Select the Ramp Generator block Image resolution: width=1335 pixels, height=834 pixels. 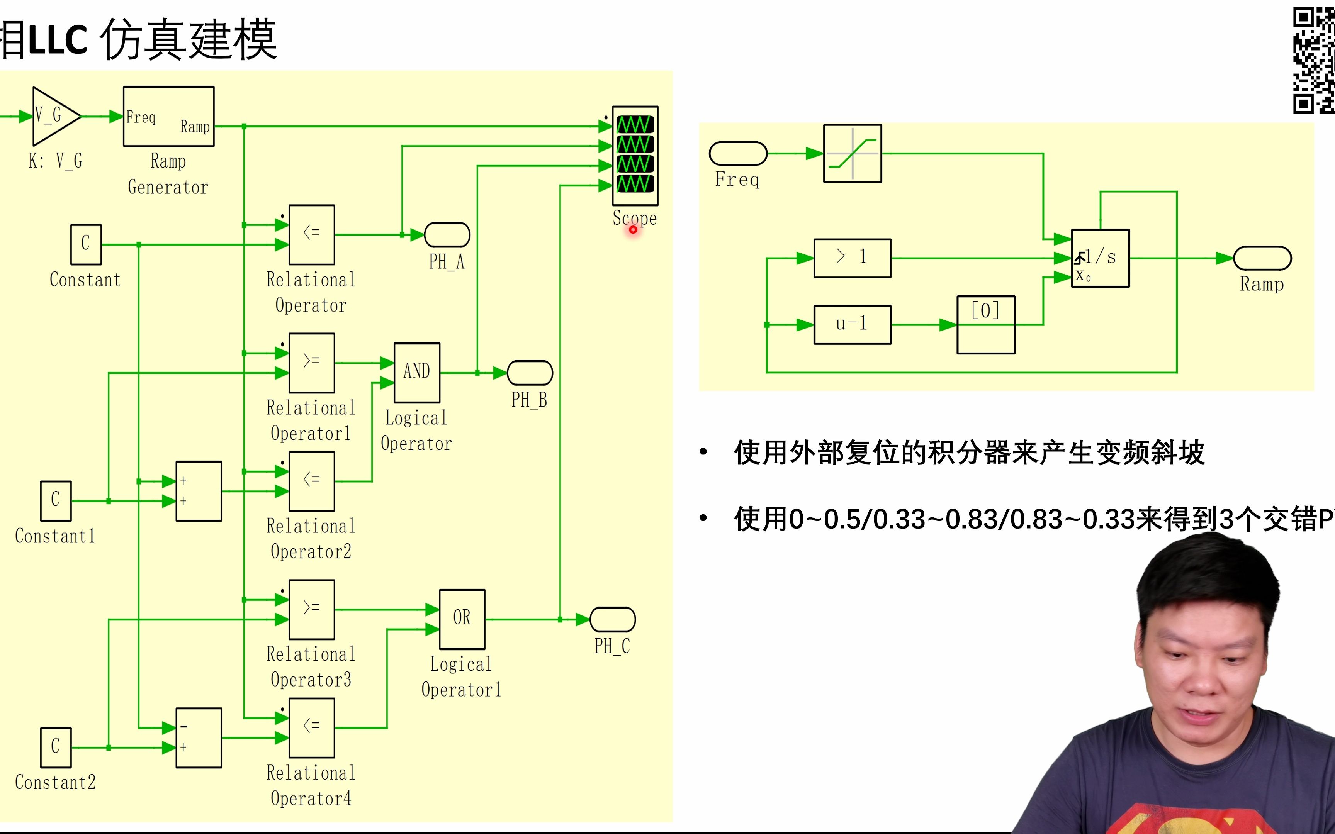pyautogui.click(x=168, y=116)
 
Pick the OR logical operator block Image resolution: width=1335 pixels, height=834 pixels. pyautogui.click(x=462, y=619)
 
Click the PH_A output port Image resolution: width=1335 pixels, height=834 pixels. pyautogui.click(x=447, y=235)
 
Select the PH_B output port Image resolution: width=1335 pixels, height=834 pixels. pyautogui.click(x=530, y=373)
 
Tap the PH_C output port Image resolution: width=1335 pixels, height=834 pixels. pyautogui.click(x=612, y=619)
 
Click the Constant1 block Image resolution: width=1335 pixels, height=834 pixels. pyautogui.click(x=56, y=501)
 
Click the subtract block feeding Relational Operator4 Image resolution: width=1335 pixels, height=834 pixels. pyautogui.click(x=199, y=737)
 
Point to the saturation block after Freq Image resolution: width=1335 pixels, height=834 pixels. pyautogui.click(x=852, y=153)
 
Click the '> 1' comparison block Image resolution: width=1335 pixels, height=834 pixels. pyautogui.click(x=852, y=258)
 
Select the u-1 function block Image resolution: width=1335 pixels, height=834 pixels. pyautogui.click(x=852, y=325)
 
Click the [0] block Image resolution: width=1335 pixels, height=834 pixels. pyautogui.click(x=986, y=325)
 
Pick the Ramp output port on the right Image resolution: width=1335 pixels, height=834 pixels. pyautogui.click(x=1262, y=258)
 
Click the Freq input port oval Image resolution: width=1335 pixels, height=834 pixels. pyautogui.click(x=737, y=153)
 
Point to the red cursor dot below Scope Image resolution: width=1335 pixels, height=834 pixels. pyautogui.click(x=633, y=229)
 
